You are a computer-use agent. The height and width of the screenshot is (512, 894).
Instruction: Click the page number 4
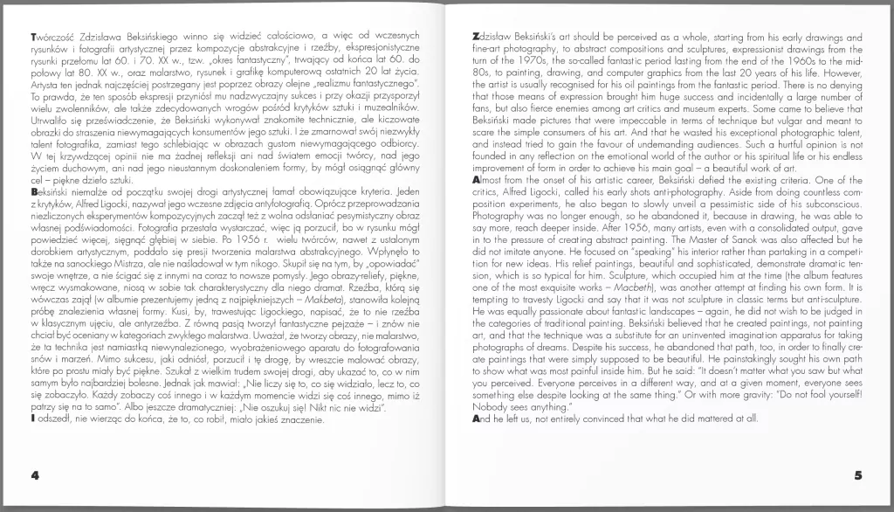point(36,476)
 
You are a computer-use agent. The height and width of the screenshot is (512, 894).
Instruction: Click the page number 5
point(858,476)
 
